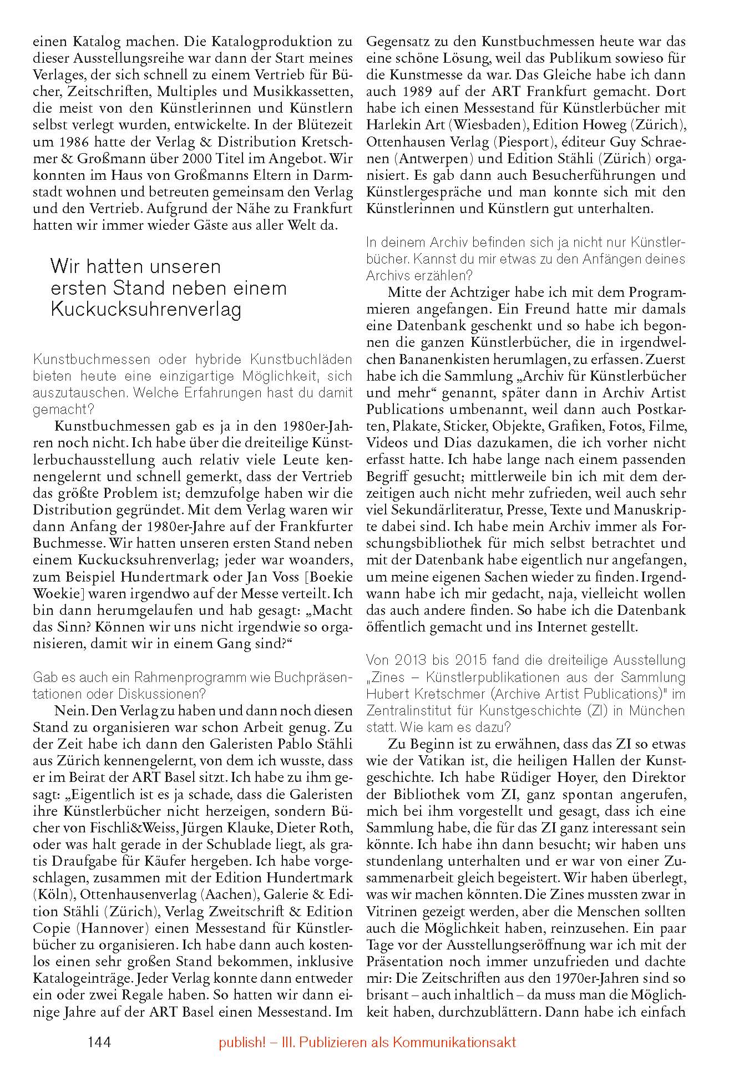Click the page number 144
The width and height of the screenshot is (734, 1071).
click(x=99, y=1042)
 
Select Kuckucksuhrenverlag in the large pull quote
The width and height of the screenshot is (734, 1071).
click(x=146, y=310)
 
